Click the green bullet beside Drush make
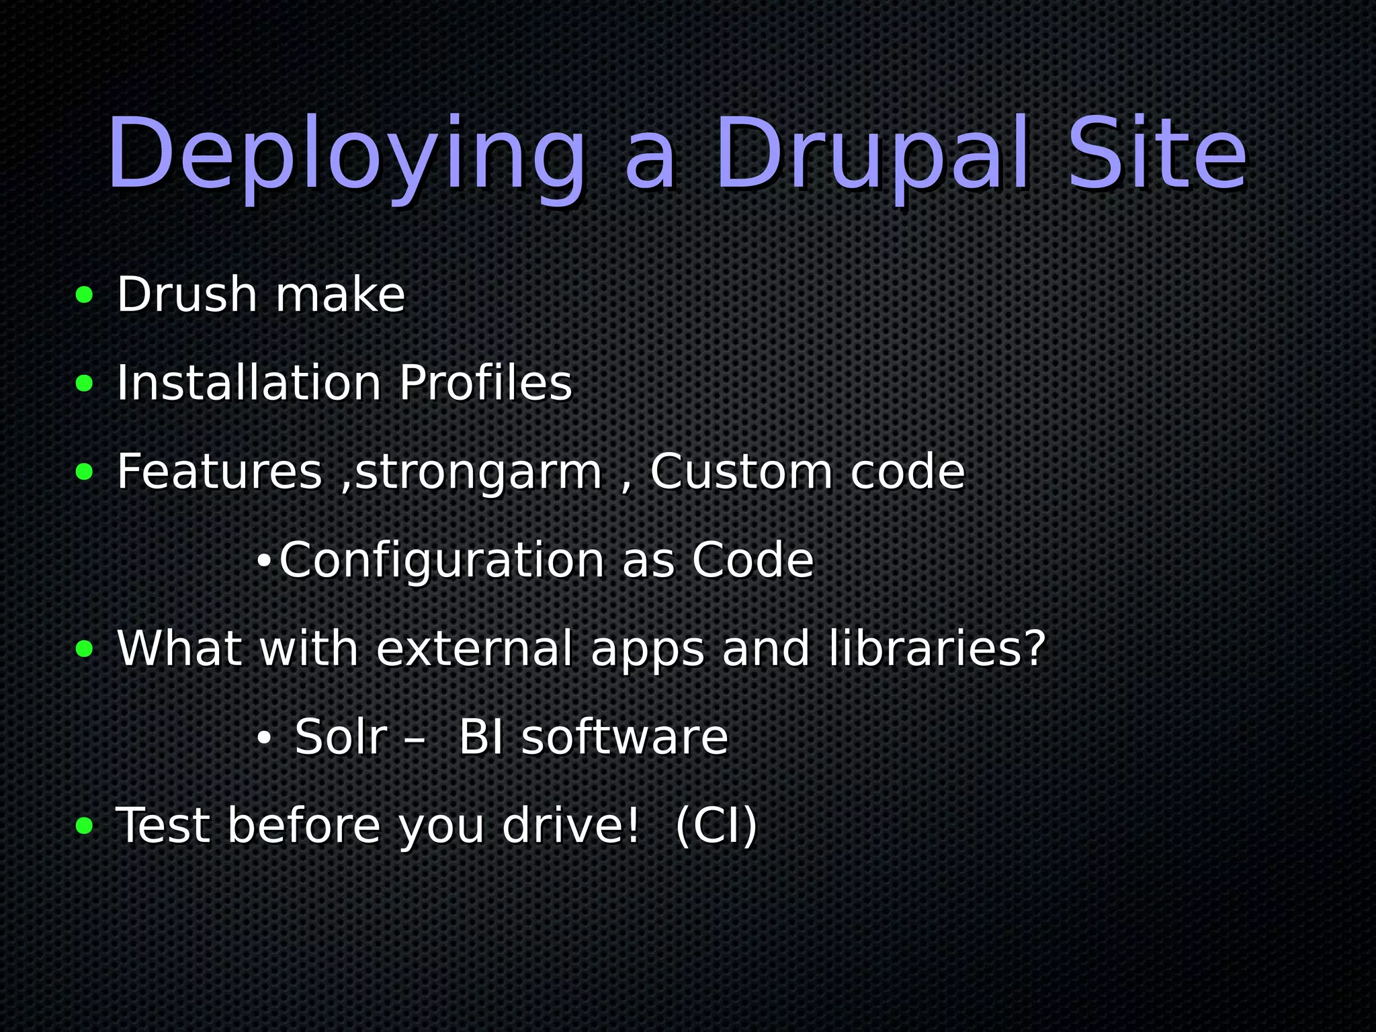coord(85,295)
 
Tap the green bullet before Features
coord(85,472)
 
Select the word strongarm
coord(478,472)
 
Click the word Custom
coord(741,472)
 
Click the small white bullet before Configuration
coord(263,560)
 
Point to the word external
coord(474,649)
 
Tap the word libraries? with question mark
coord(937,649)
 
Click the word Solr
coord(341,738)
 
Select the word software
coord(625,738)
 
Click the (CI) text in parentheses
coord(716,826)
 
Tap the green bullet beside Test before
coord(85,826)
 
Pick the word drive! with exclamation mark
coord(570,826)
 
